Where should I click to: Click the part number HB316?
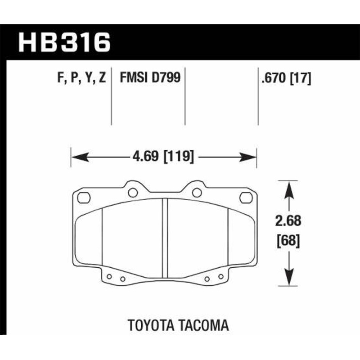(x=63, y=43)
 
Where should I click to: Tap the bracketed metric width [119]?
(x=180, y=157)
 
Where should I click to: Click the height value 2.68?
(x=288, y=221)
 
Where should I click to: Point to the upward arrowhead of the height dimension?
(x=288, y=186)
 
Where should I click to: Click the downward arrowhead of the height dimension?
(x=288, y=280)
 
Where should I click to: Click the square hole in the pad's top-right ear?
(x=245, y=197)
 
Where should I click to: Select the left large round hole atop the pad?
(x=132, y=193)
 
